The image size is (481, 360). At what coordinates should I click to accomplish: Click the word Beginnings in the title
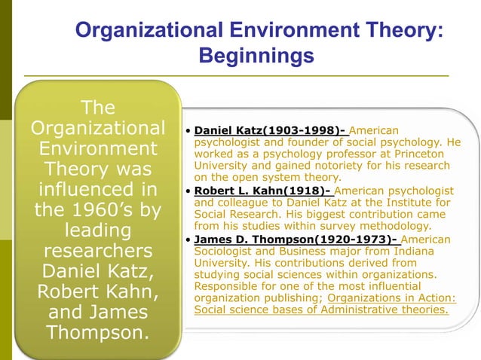[x=256, y=56]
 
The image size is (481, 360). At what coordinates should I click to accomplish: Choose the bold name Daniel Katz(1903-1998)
[x=269, y=130]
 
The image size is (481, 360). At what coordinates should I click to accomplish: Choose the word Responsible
[x=227, y=287]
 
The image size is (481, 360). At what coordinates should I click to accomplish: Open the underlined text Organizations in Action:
[x=381, y=299]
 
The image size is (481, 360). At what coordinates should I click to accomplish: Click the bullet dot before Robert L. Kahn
[x=188, y=191]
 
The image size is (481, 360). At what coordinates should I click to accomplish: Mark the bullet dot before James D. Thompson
[x=188, y=239]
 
